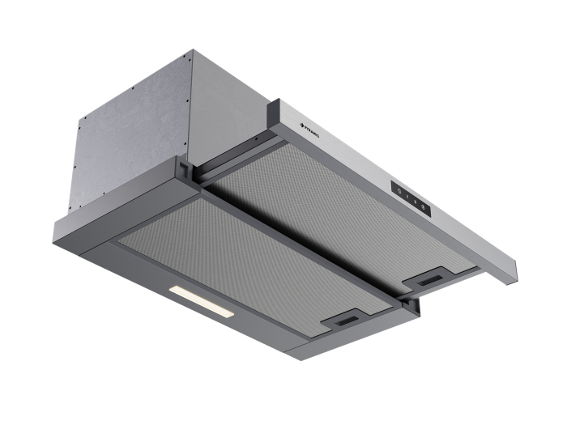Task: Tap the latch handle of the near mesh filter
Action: [349, 321]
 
